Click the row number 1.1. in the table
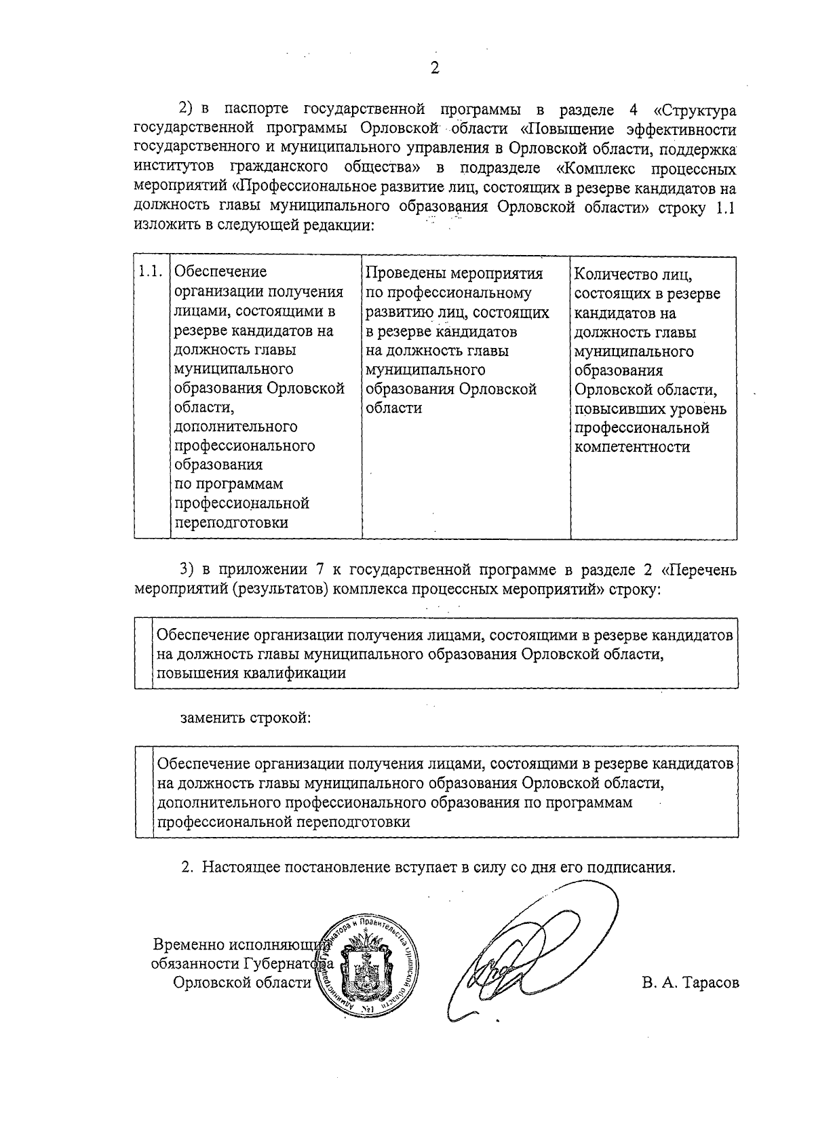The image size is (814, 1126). click(151, 272)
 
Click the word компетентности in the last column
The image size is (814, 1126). click(632, 447)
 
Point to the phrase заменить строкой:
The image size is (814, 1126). click(246, 718)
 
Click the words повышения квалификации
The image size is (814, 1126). click(251, 674)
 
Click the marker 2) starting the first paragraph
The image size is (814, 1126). click(187, 111)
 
